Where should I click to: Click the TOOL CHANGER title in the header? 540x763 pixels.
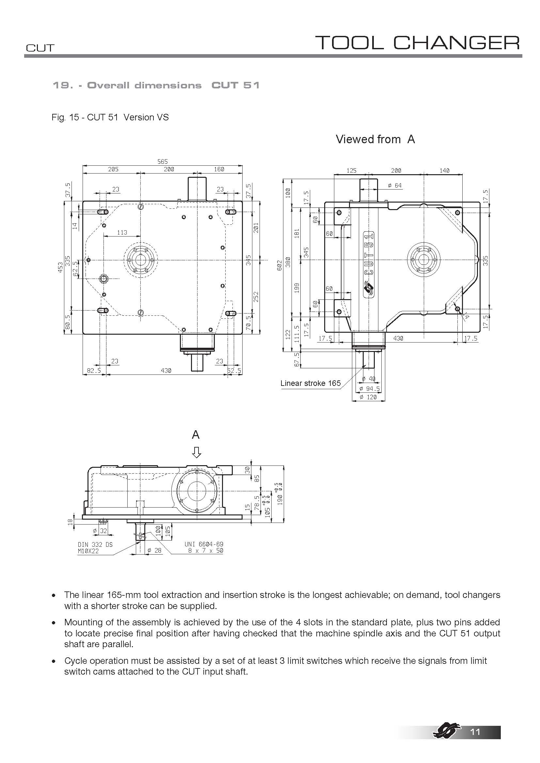click(x=417, y=43)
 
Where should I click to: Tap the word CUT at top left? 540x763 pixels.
click(x=40, y=48)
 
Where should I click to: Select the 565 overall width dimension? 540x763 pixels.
click(x=163, y=161)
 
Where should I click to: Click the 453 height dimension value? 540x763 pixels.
click(x=60, y=267)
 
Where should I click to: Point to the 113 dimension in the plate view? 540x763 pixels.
click(x=122, y=233)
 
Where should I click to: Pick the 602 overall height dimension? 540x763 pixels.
click(x=280, y=265)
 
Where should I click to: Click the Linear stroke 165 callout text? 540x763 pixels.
click(x=310, y=383)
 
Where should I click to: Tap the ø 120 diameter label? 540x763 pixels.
click(x=368, y=397)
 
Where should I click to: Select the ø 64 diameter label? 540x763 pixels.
click(x=395, y=185)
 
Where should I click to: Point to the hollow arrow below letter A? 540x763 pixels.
click(x=197, y=452)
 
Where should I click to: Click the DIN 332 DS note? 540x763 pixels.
click(x=95, y=544)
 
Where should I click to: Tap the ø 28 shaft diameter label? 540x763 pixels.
click(x=154, y=550)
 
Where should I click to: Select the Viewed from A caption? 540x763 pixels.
click(x=375, y=139)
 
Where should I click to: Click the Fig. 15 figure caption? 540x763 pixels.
click(x=110, y=117)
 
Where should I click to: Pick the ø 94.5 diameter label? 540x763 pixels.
click(x=370, y=389)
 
